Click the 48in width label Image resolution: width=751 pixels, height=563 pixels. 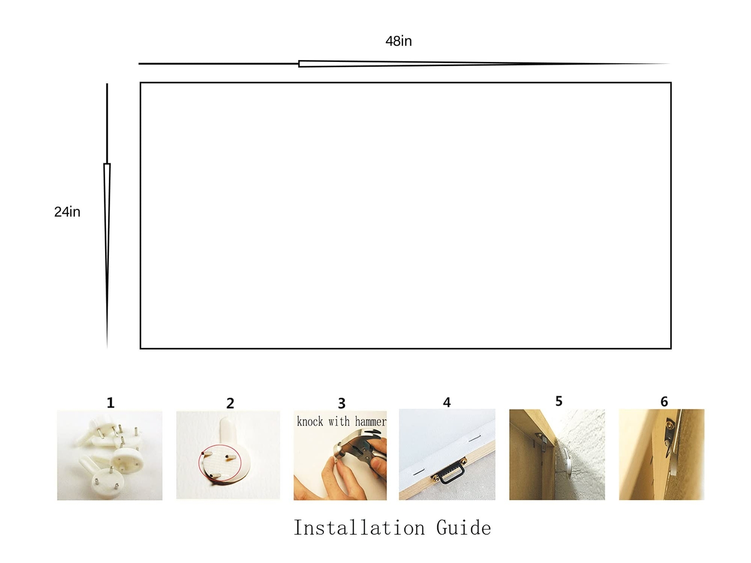click(398, 41)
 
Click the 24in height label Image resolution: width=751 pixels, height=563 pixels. click(67, 212)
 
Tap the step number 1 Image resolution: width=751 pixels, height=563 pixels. click(110, 403)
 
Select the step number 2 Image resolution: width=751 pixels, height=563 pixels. click(230, 403)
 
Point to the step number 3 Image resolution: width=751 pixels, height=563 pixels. click(341, 403)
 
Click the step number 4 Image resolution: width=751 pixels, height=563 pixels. click(446, 403)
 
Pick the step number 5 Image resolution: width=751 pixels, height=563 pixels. click(559, 401)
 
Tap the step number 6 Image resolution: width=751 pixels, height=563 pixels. click(664, 401)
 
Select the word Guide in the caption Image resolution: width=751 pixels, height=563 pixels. click(464, 527)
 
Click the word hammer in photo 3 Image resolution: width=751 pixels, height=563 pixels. click(370, 421)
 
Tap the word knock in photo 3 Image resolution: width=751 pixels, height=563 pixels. click(310, 421)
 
